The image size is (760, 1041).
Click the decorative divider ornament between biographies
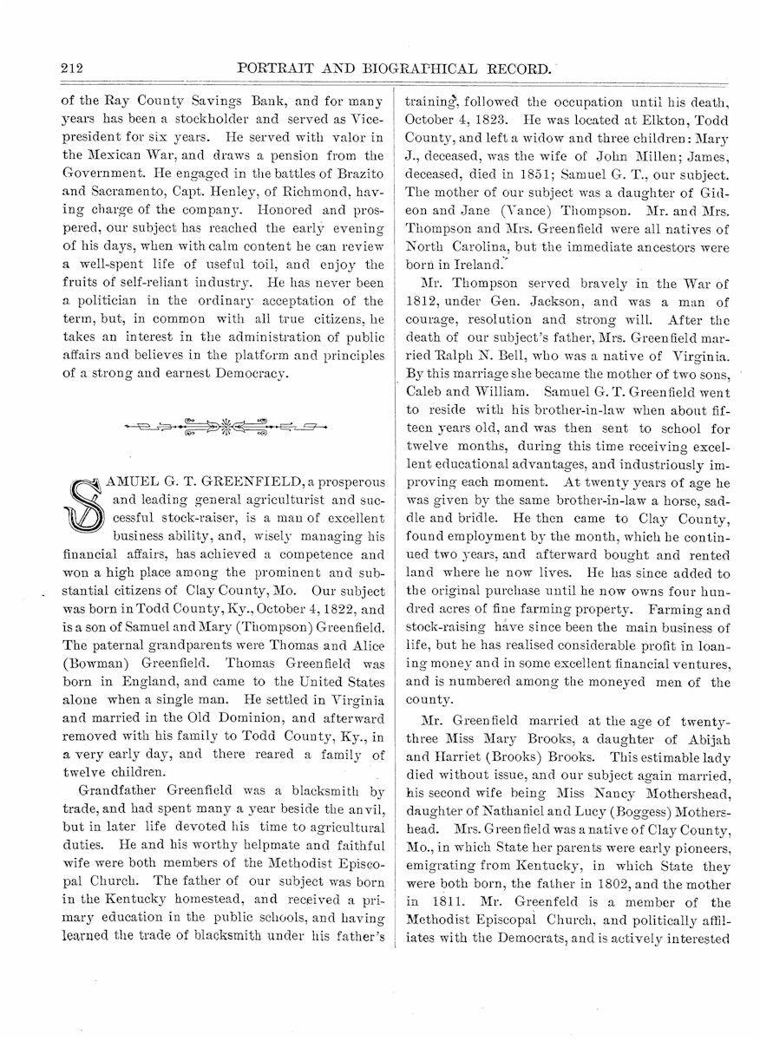click(x=225, y=426)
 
